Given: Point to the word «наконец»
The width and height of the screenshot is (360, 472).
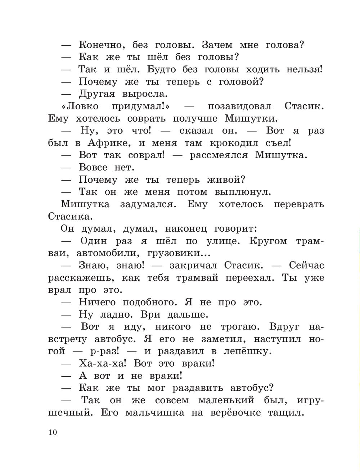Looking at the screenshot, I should (x=186, y=229).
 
